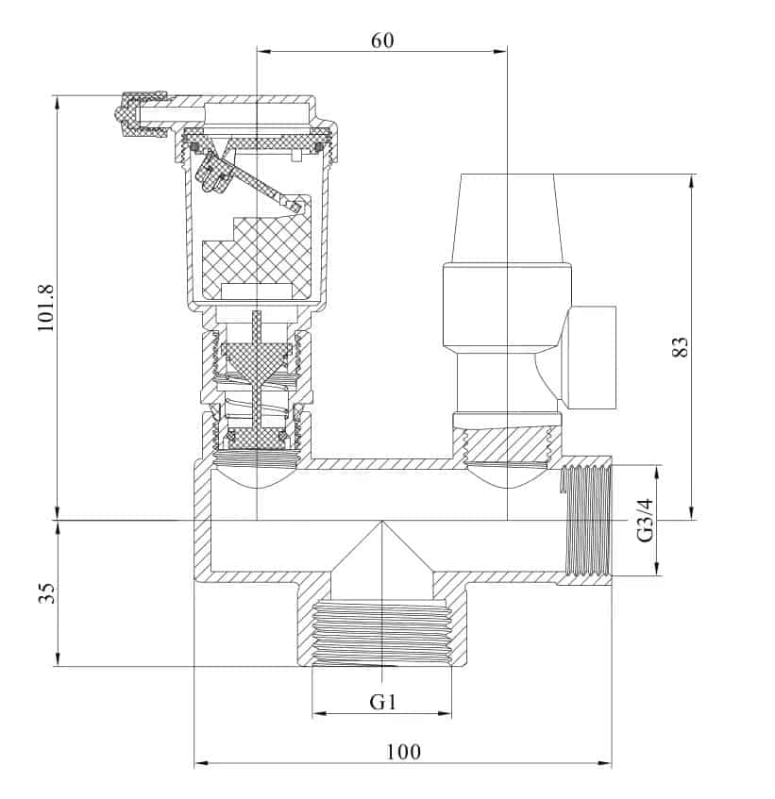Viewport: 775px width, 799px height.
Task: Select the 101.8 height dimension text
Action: click(45, 308)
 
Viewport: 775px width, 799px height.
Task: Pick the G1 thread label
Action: click(381, 702)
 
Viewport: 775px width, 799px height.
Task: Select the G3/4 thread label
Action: click(645, 520)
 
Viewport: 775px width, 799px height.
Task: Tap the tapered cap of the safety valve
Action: click(508, 216)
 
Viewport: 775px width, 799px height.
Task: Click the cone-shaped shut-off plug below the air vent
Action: click(257, 359)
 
